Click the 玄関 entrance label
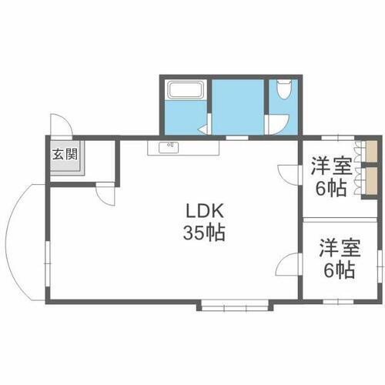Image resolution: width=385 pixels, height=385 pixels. pyautogui.click(x=65, y=153)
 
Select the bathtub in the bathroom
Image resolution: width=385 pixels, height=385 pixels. pyautogui.click(x=183, y=92)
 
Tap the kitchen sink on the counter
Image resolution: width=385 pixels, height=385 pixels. pyautogui.click(x=168, y=146)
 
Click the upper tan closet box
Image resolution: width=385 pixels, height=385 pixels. pyautogui.click(x=371, y=151)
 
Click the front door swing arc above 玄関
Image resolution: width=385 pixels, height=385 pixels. pyautogui.click(x=62, y=126)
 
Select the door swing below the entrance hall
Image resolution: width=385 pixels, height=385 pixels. pyautogui.click(x=105, y=193)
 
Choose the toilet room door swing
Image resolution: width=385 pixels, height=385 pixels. pyautogui.click(x=275, y=126)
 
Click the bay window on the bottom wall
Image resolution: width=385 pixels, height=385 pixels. pyautogui.click(x=236, y=306)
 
